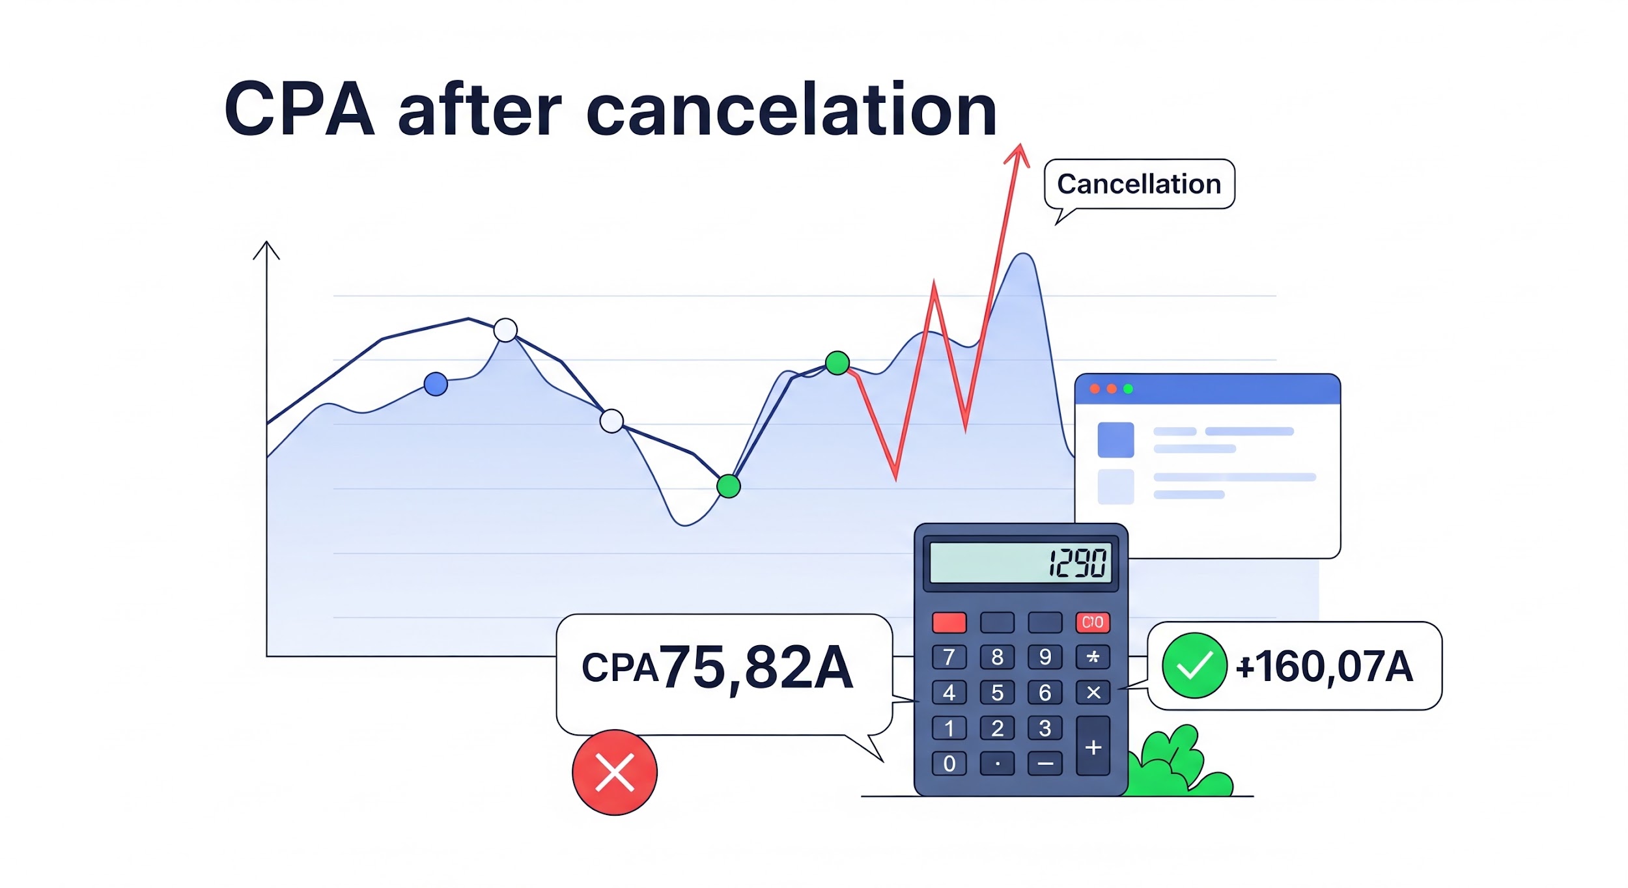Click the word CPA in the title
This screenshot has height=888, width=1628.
click(x=300, y=109)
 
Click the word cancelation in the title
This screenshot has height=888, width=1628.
click(x=791, y=109)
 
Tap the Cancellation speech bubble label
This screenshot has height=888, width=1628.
click(x=1139, y=184)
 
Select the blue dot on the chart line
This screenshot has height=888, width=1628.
click(x=436, y=384)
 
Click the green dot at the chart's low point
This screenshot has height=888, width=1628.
click(x=728, y=486)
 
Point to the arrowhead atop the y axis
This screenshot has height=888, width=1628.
click(x=266, y=250)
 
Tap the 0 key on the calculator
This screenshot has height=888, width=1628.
click(x=949, y=764)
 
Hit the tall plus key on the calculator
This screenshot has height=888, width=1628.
click(x=1093, y=746)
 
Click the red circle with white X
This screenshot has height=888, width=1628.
click(x=615, y=772)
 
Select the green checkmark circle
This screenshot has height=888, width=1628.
click(x=1194, y=666)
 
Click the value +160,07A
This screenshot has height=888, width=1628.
click(x=1325, y=667)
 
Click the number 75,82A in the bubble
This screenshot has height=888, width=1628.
click(x=756, y=668)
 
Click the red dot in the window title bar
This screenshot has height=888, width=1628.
click(x=1095, y=389)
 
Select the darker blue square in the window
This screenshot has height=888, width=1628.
click(x=1116, y=439)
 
